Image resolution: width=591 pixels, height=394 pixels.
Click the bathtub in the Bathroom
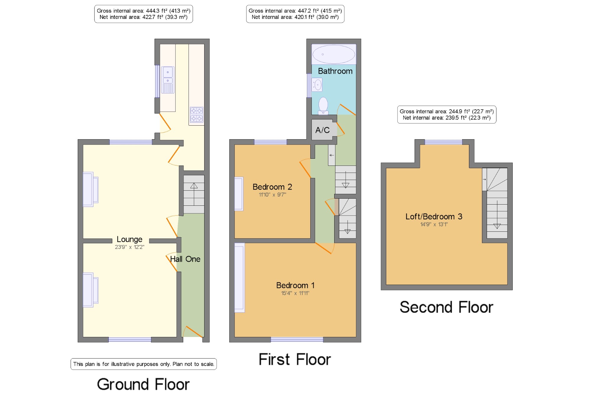click(334, 54)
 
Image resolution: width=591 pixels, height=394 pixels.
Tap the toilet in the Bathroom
click(323, 106)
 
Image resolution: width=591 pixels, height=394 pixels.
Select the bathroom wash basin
click(317, 85)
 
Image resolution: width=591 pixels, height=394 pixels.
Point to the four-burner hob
click(197, 114)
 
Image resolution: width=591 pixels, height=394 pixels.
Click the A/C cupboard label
click(322, 130)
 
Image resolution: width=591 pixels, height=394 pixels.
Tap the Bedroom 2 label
click(272, 187)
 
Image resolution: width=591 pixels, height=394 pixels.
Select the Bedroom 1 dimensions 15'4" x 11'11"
click(295, 293)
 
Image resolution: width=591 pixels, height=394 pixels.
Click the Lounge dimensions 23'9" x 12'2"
click(129, 247)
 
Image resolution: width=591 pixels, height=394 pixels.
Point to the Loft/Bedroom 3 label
click(434, 216)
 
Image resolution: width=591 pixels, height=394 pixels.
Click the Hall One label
click(185, 259)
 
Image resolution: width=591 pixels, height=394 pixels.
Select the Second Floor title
click(446, 307)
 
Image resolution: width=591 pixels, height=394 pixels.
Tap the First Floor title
click(295, 359)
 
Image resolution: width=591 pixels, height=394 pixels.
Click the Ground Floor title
click(143, 384)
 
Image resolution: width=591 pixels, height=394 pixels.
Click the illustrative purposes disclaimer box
click(144, 364)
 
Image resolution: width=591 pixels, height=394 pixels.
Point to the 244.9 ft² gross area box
click(447, 115)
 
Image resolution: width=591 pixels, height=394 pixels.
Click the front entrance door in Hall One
click(193, 332)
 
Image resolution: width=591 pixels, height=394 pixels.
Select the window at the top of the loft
click(444, 142)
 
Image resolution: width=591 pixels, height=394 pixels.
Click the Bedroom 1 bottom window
click(297, 340)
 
